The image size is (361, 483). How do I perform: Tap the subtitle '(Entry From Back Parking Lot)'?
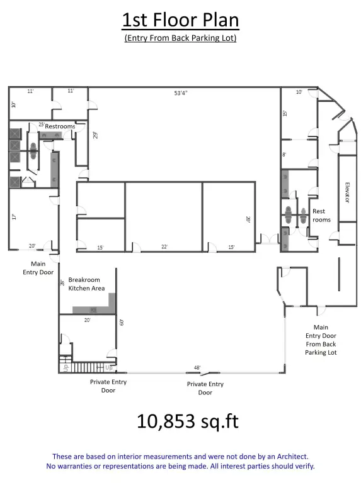(180, 38)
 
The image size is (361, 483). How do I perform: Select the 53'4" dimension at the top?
(181, 93)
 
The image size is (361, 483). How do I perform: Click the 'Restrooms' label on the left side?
(60, 126)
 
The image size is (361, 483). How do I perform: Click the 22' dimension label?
(164, 247)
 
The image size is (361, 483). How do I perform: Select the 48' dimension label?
(197, 367)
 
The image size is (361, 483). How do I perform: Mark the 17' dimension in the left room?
(13, 217)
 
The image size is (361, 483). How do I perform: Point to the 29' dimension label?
(96, 135)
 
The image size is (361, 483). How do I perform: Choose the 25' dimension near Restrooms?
(41, 125)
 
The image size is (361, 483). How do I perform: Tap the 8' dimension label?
(284, 154)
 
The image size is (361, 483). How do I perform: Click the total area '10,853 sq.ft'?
(180, 421)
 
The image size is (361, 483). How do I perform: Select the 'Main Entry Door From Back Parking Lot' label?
(321, 340)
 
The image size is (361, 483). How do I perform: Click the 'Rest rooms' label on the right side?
(321, 215)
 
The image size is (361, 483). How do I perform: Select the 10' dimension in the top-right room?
(299, 92)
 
